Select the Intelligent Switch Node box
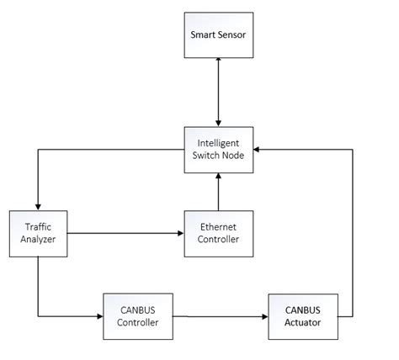coord(217,149)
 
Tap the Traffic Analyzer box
coord(37,231)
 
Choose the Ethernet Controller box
coord(217,232)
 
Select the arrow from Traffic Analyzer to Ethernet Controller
coord(126,232)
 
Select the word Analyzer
coord(37,239)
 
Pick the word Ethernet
coord(217,225)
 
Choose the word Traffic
coord(37,225)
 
